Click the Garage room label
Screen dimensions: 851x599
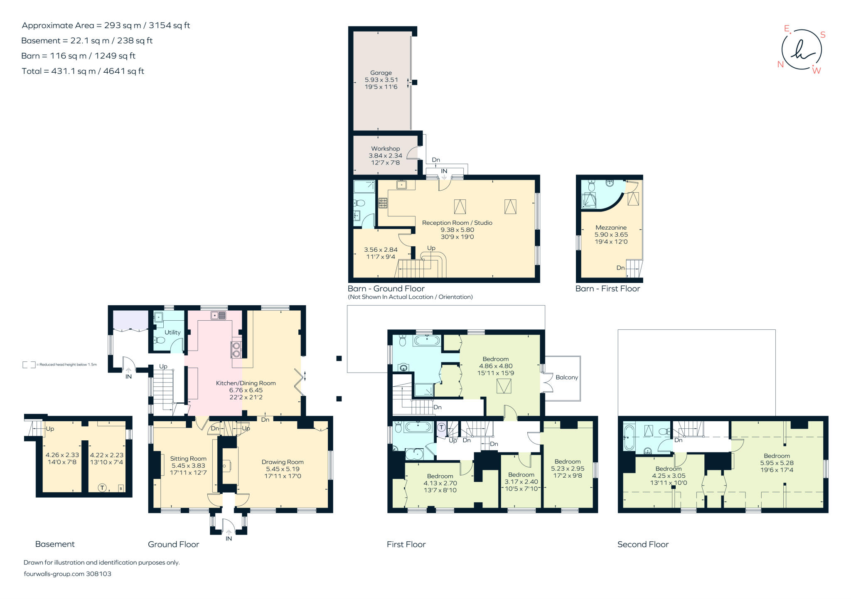tap(381, 73)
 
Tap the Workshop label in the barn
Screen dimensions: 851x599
tap(386, 149)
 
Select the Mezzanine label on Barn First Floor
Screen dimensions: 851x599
tap(611, 228)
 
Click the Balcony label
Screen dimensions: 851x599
tap(567, 378)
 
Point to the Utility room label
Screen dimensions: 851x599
tap(172, 333)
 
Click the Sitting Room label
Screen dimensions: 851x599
tap(188, 459)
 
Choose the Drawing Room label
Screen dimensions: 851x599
tap(283, 462)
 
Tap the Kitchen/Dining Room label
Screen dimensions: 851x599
tap(246, 383)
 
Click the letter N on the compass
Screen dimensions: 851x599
tap(780, 64)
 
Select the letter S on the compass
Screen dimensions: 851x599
tap(823, 35)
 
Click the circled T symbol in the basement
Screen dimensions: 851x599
tap(102, 488)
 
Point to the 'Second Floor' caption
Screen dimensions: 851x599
tap(643, 544)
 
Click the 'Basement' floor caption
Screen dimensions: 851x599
tap(55, 544)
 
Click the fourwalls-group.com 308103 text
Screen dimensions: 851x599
tap(67, 574)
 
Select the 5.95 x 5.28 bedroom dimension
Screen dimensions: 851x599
tap(777, 463)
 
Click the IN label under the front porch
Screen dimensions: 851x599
tap(229, 539)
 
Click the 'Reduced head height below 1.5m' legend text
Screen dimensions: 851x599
tap(66, 365)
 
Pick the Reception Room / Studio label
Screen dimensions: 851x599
tap(457, 223)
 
